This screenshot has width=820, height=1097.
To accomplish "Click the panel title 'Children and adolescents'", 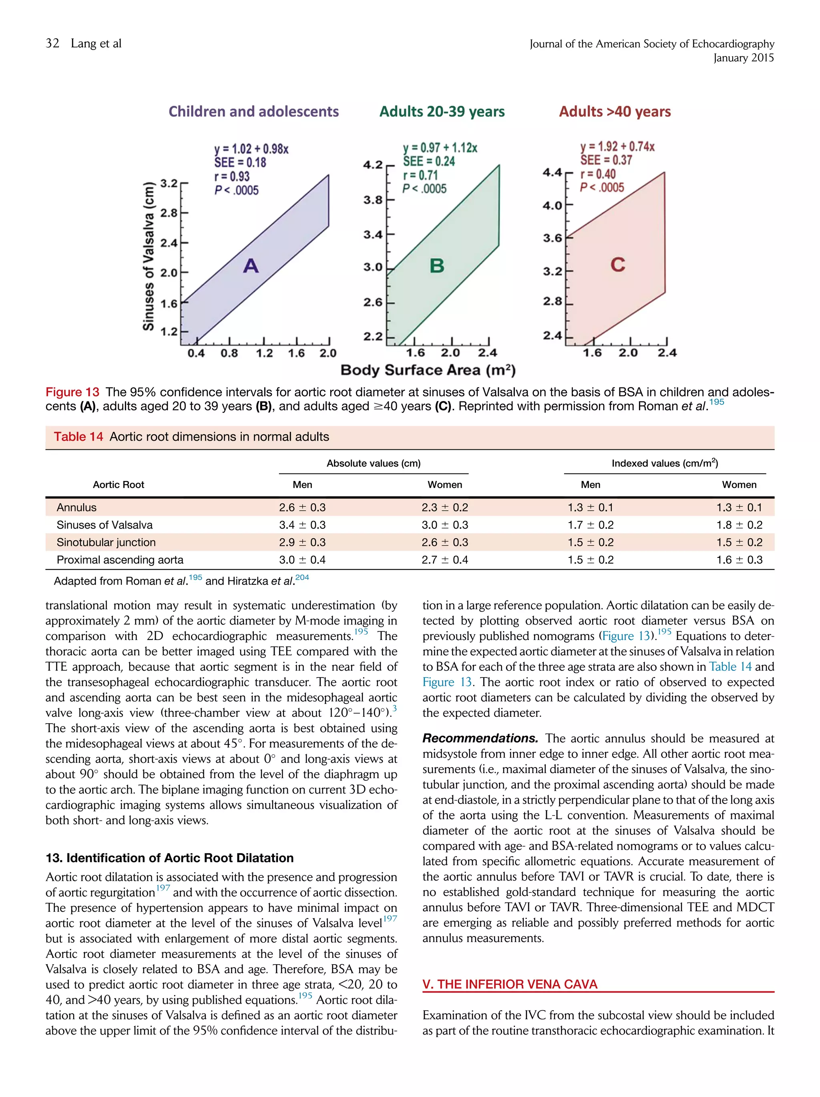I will point(253,111).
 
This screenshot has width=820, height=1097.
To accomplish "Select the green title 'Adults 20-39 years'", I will point(442,111).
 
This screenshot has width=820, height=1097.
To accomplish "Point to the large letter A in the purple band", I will point(251,266).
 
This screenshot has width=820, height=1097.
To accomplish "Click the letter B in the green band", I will point(436,265).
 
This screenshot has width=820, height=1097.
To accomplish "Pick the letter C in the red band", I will point(618,264).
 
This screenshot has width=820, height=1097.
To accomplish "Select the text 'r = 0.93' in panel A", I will point(232,176).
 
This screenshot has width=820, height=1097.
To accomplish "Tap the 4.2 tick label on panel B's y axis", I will point(372,164).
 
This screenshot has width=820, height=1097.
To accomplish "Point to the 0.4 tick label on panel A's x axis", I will point(196,353).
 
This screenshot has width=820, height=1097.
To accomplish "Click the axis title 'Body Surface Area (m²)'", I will point(428,370).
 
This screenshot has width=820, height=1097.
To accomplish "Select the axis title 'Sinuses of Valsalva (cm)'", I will point(148,257).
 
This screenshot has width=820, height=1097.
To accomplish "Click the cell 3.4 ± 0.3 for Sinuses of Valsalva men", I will point(302,525).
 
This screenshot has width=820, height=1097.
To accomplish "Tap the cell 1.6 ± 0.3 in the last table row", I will point(739,560).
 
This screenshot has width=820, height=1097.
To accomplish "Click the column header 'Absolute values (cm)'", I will point(373,463).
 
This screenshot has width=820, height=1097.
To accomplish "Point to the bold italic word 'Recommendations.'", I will point(480,738).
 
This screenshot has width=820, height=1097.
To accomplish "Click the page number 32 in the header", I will point(52,44).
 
